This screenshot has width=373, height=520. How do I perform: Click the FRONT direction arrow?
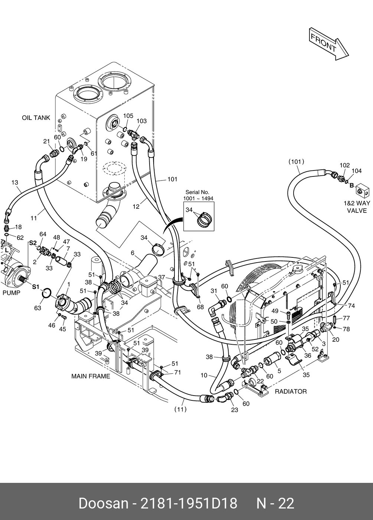pyautogui.click(x=329, y=44)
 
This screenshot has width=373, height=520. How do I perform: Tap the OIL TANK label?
pyautogui.click(x=36, y=118)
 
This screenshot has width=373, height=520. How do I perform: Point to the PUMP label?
pyautogui.click(x=12, y=293)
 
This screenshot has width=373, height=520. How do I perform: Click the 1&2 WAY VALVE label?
pyautogui.click(x=357, y=207)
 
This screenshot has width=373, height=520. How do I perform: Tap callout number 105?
pyautogui.click(x=128, y=116)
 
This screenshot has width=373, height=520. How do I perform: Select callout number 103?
pyautogui.click(x=141, y=121)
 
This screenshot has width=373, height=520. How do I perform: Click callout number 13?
pyautogui.click(x=14, y=182)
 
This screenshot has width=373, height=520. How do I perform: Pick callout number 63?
pyautogui.click(x=37, y=308)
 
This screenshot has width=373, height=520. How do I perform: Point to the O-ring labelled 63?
pyautogui.click(x=46, y=293)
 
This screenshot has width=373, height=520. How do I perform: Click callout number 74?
pyautogui.click(x=351, y=306)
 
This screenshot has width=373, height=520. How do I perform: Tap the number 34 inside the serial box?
pyautogui.click(x=189, y=209)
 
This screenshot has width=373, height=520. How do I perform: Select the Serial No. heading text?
pyautogui.click(x=197, y=192)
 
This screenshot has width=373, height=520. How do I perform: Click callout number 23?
pyautogui.click(x=235, y=410)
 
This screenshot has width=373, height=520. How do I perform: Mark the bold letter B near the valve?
pyautogui.click(x=352, y=185)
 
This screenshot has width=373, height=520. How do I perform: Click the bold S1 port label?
pyautogui.click(x=36, y=287)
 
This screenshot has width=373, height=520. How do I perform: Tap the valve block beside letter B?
pyautogui.click(x=363, y=190)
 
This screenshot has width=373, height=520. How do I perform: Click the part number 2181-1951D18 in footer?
pyautogui.click(x=189, y=503)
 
